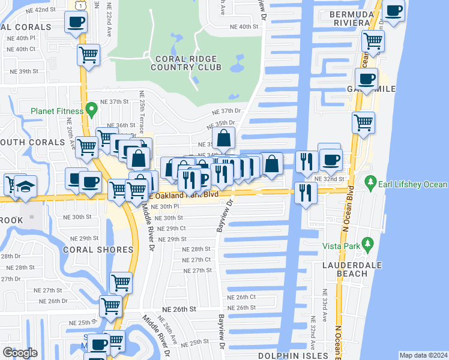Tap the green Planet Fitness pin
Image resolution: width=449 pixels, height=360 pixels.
point(91,110)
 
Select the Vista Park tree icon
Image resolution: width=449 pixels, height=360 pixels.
point(368,244)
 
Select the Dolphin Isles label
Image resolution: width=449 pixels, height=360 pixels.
point(286,356)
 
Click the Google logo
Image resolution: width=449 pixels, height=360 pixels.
point(20,353)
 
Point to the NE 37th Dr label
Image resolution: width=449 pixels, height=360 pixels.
point(226,112)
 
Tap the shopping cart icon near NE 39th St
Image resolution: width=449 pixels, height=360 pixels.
point(88,55)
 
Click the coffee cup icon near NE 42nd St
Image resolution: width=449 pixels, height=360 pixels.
point(76,22)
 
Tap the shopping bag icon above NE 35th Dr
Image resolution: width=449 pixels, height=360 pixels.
point(223,139)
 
